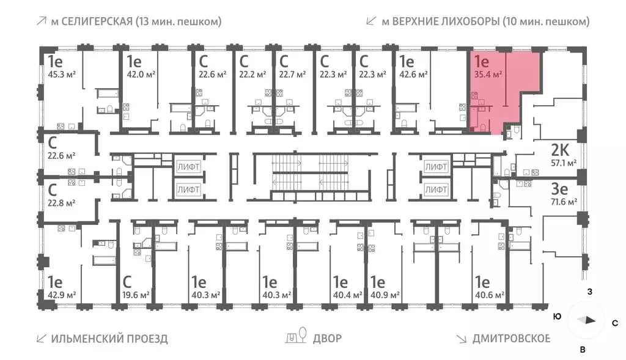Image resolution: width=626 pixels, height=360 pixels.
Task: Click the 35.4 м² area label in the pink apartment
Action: point(488,75)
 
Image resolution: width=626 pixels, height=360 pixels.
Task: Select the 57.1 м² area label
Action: point(563,163)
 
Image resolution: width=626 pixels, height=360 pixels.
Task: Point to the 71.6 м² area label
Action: point(563,202)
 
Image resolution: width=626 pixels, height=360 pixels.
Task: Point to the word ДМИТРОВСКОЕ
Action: point(511,338)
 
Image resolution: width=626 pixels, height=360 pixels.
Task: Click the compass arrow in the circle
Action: point(586,320)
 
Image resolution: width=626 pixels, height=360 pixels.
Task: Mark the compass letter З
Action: point(590,291)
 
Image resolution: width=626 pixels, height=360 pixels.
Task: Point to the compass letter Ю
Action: point(557,317)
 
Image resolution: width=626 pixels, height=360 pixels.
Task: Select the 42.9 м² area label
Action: point(62,295)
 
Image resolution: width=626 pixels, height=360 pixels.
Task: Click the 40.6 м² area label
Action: point(490,295)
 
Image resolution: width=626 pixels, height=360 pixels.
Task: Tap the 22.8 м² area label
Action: point(62,202)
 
